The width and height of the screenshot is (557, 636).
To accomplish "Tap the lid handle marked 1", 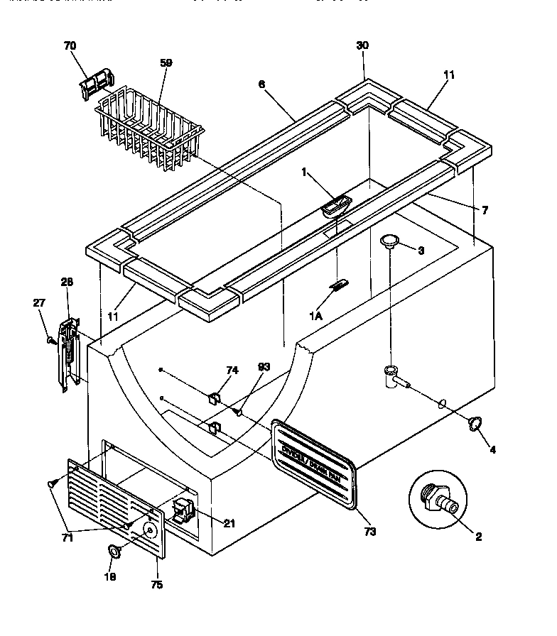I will pyautogui.click(x=335, y=208).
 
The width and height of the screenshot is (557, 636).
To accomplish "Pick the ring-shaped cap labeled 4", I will pyautogui.click(x=472, y=425).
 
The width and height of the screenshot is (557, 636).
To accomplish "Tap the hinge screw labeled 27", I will pyautogui.click(x=50, y=339).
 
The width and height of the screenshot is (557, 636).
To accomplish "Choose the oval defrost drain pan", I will pyautogui.click(x=314, y=464).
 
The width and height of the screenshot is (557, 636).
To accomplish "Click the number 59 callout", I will pyautogui.click(x=166, y=62).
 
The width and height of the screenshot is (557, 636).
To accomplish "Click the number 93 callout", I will pyautogui.click(x=264, y=367).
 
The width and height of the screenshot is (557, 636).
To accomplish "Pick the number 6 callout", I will pyautogui.click(x=261, y=84).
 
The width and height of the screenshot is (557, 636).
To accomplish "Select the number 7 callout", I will pyautogui.click(x=485, y=211).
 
